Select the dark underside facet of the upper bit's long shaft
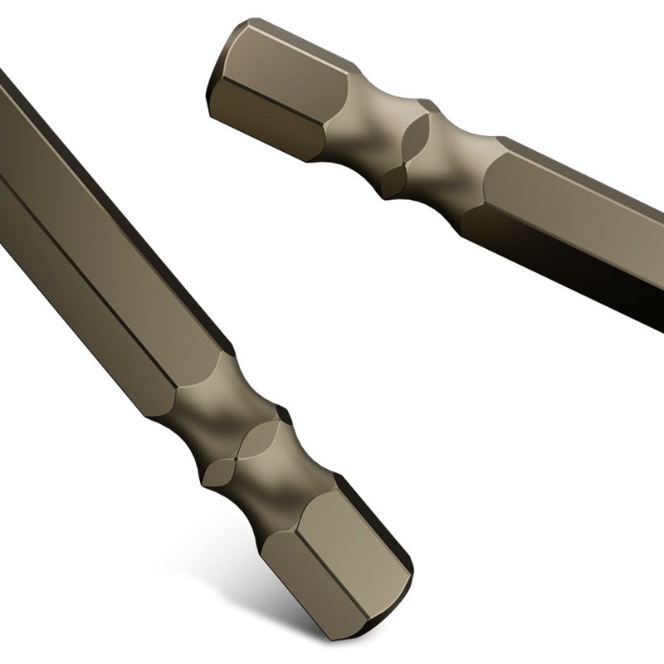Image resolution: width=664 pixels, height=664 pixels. [573, 257]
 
